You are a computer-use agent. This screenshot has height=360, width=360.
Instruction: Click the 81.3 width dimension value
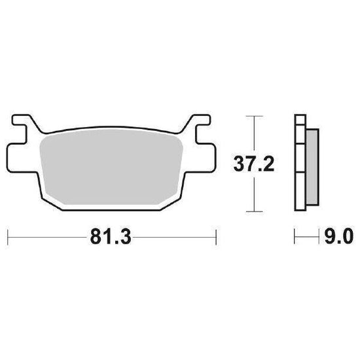coord(111,236)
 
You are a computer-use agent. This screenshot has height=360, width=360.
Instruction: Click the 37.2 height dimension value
coord(254,164)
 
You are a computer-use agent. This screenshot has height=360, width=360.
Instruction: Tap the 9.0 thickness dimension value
coord(339,236)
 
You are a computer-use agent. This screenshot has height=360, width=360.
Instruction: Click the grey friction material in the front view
coord(111,167)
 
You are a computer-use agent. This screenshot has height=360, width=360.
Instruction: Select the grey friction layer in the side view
coord(312,167)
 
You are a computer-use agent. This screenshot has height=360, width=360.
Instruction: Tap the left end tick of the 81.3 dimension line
coord(8,237)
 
